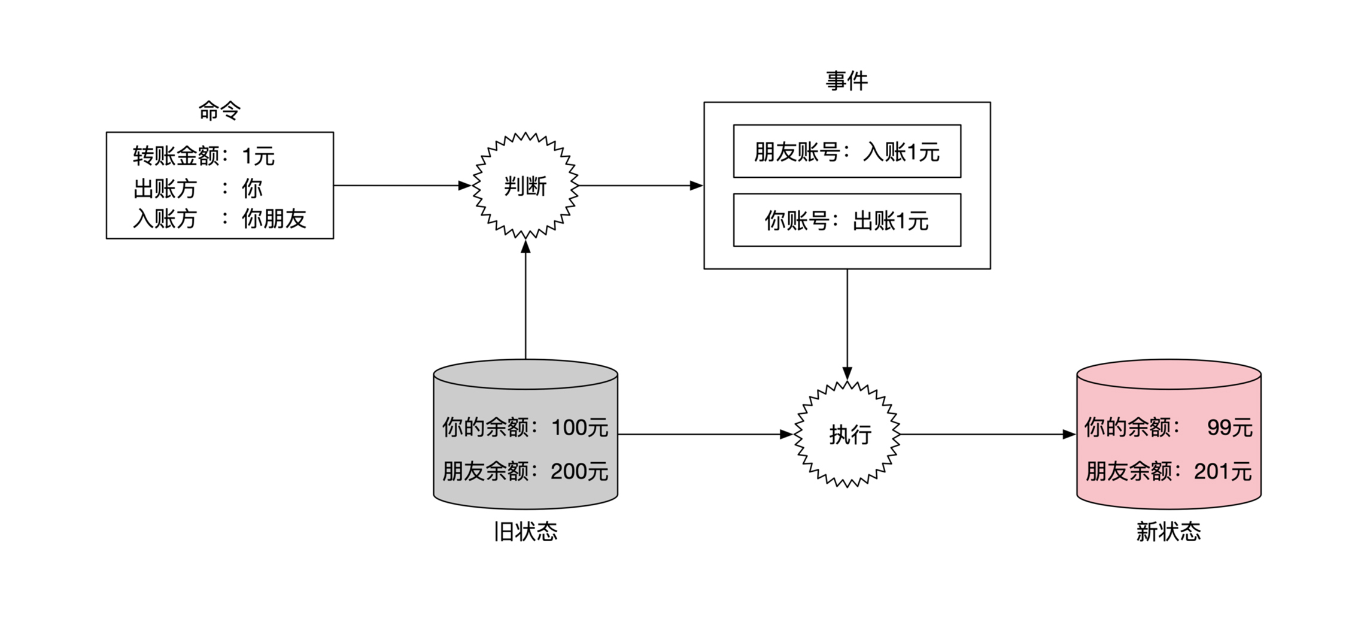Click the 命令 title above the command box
pos(219,111)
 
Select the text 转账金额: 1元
pos(203,157)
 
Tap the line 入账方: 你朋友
pos(219,219)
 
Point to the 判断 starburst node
pos(525,186)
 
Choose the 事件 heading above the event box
pos(846,81)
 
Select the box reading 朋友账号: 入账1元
pos(847,151)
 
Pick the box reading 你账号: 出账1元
pos(847,220)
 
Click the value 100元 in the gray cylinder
pos(579,428)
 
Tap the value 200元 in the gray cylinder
pos(579,472)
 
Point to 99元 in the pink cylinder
pos(1229,428)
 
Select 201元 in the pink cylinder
pos(1223,472)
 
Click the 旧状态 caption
pos(525,532)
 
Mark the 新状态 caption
pos(1168,532)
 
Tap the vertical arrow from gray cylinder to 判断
pos(525,299)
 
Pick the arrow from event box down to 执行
pos(847,323)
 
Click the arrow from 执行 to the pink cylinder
pos(988,435)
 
